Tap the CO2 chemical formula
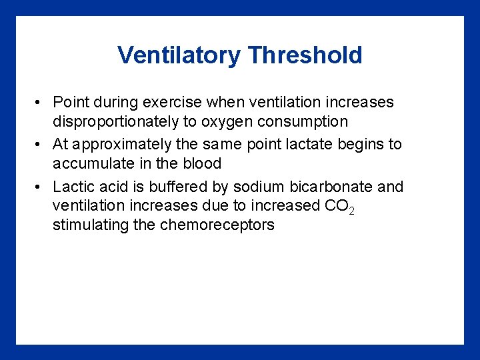pos(340,206)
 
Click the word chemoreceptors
pos(217,225)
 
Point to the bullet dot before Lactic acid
pos(41,187)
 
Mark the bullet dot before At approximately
pos(41,145)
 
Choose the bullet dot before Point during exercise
pos(41,103)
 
